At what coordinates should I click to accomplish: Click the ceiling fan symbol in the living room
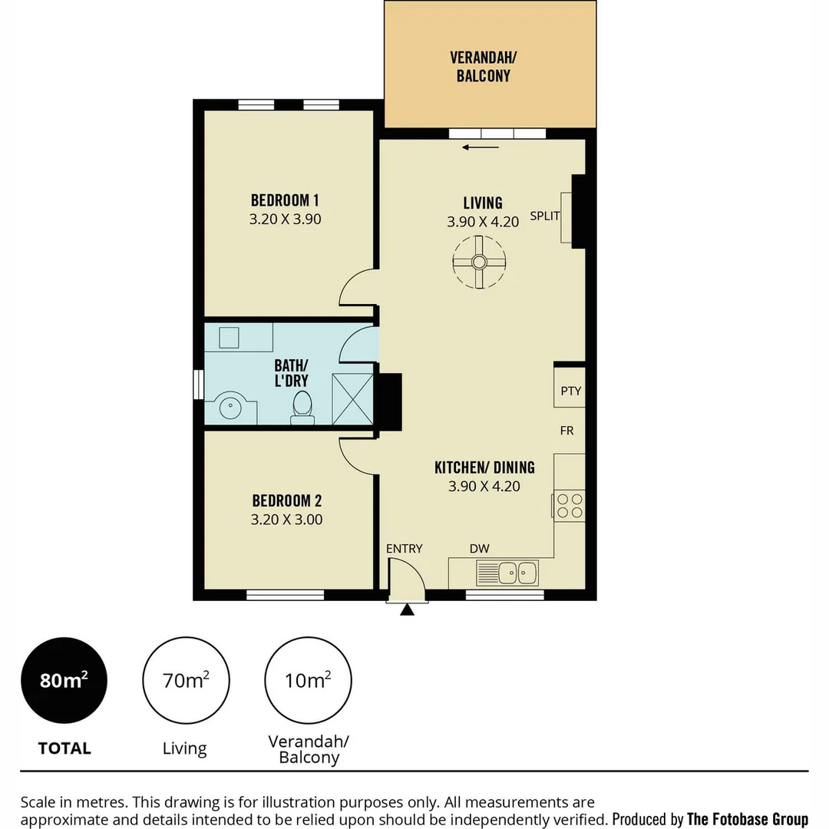tap(478, 262)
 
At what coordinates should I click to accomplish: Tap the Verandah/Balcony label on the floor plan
tap(481, 66)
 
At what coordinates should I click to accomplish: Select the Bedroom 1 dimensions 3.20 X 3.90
tap(285, 219)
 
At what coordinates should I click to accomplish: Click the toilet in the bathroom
tap(302, 406)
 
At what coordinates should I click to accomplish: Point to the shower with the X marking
tap(352, 398)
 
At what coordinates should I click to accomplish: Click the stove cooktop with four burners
tap(570, 506)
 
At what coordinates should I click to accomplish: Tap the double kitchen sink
tap(507, 572)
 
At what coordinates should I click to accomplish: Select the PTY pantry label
tap(570, 391)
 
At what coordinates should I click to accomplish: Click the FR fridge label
tap(566, 431)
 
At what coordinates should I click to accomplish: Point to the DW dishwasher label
tap(480, 548)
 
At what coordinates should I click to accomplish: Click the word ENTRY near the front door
tap(404, 548)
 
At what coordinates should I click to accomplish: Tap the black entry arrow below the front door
tap(407, 609)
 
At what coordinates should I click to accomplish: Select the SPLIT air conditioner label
tap(544, 216)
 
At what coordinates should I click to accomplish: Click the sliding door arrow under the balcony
tap(481, 147)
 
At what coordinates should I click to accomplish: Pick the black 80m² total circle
tap(64, 680)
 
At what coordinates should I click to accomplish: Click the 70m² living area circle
tap(185, 680)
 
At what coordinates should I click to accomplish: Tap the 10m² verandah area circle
tap(308, 680)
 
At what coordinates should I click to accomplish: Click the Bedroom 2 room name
tap(286, 501)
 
